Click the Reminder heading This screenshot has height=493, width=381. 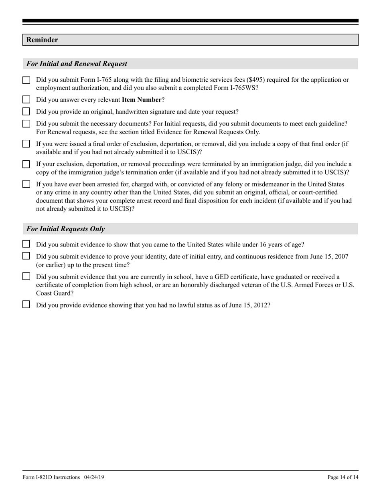click(x=42, y=40)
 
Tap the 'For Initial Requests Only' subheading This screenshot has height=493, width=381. click(x=66, y=229)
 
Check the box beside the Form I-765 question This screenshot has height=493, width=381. click(x=26, y=80)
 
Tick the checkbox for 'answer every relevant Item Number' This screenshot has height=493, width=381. click(x=26, y=100)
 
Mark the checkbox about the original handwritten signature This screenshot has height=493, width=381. click(x=26, y=112)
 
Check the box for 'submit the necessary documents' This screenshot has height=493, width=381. click(x=26, y=124)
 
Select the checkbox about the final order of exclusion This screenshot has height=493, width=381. click(x=26, y=144)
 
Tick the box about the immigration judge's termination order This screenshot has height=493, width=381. click(x=26, y=164)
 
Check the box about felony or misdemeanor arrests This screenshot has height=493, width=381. click(x=26, y=184)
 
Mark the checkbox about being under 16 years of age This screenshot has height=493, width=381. click(x=26, y=244)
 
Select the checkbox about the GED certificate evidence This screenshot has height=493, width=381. click(x=26, y=276)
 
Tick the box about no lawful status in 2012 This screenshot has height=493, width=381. click(x=26, y=305)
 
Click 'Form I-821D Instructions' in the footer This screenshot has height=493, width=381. click(x=51, y=477)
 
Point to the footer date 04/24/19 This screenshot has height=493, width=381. click(x=94, y=477)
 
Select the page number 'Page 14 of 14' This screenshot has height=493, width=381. click(x=342, y=477)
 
